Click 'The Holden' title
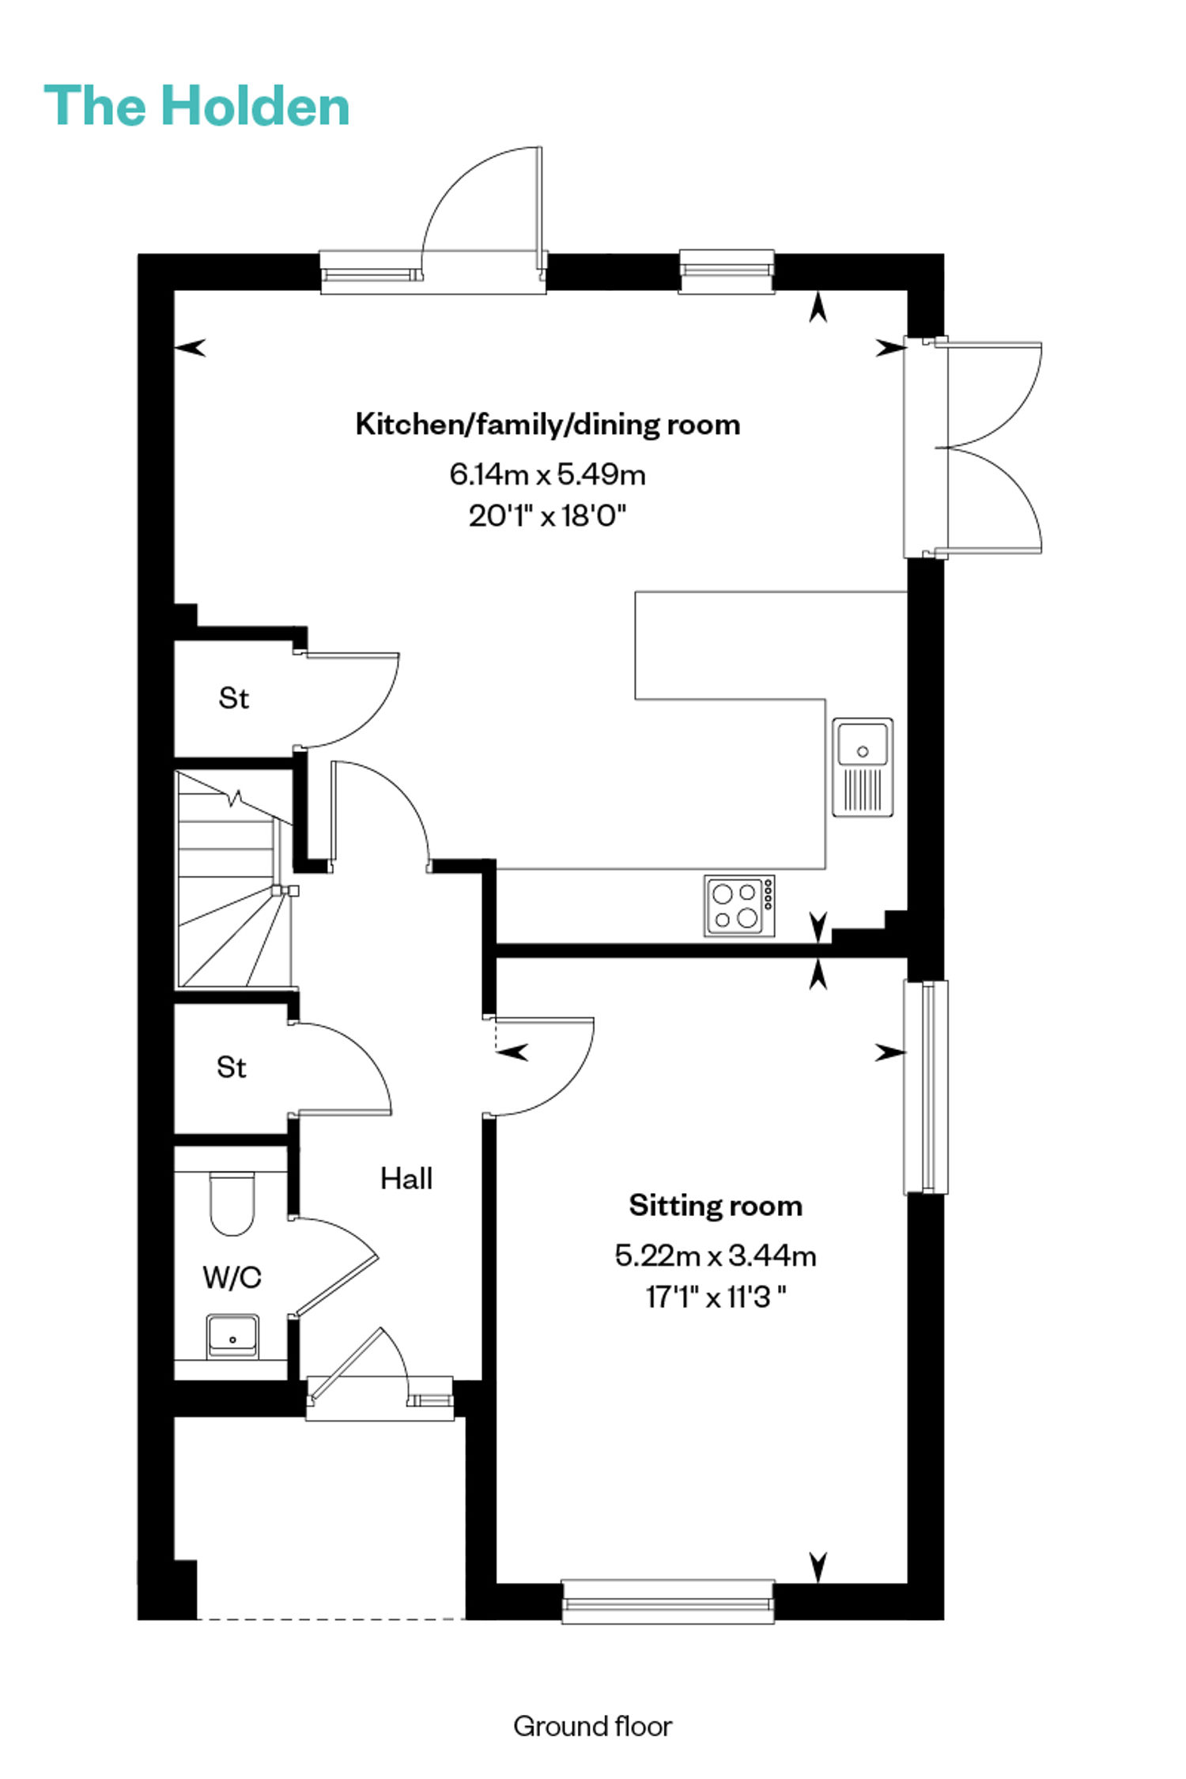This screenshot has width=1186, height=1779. click(x=197, y=106)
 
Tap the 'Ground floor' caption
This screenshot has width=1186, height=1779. click(x=592, y=1726)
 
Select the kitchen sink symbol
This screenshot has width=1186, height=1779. click(x=863, y=767)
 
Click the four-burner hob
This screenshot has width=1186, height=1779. click(x=739, y=906)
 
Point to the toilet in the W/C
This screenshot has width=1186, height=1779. click(x=232, y=1203)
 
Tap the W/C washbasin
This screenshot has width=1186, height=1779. click(x=232, y=1337)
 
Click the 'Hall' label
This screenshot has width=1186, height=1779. click(x=406, y=1179)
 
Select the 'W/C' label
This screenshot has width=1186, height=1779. click(x=232, y=1277)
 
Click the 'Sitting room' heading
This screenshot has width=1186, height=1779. click(x=716, y=1206)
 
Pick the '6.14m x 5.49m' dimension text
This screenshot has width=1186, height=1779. click(x=548, y=474)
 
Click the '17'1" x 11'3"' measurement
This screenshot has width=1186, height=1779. click(x=716, y=1297)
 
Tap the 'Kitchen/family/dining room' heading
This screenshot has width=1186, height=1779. click(x=548, y=425)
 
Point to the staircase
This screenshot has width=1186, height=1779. click(x=234, y=880)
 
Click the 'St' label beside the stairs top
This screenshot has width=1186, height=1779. click(x=233, y=698)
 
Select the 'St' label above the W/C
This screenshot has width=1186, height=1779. click(x=232, y=1067)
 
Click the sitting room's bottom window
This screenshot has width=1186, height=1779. click(x=667, y=1602)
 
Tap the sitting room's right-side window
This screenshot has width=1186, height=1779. click(x=926, y=1086)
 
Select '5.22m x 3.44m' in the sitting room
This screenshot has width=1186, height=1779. click(x=716, y=1256)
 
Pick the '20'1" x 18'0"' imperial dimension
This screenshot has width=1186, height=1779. click(x=548, y=516)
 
